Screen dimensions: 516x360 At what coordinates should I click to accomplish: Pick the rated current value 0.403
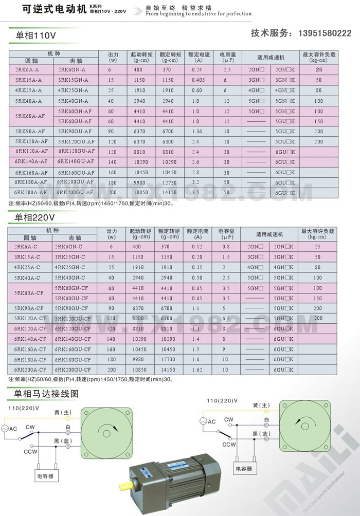[x=198, y=80]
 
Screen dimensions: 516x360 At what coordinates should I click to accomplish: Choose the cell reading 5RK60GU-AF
[x=75, y=121]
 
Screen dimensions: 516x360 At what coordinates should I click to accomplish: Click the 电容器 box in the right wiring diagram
[x=244, y=468]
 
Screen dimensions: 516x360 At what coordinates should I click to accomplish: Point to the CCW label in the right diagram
[x=229, y=445]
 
